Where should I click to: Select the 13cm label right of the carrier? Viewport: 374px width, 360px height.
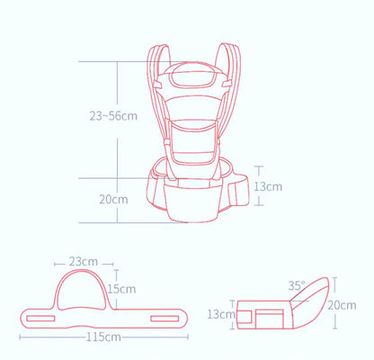tap(269, 186)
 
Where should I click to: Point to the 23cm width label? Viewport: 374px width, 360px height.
tap(84, 262)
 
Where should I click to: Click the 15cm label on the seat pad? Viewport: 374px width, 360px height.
tap(120, 289)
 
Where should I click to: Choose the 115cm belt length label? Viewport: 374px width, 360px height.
tap(105, 337)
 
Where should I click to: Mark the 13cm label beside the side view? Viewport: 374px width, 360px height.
tap(221, 314)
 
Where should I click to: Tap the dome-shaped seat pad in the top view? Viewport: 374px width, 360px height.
tap(82, 292)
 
